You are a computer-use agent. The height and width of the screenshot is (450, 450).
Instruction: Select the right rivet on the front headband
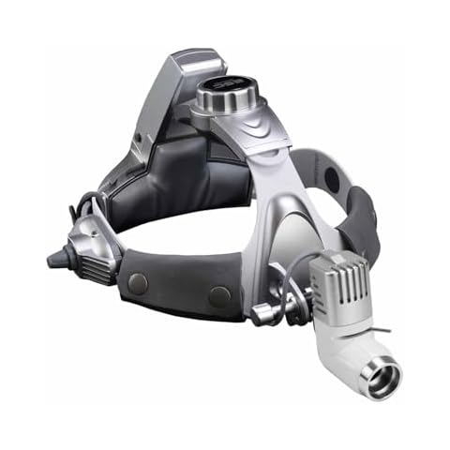[x=220, y=296]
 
